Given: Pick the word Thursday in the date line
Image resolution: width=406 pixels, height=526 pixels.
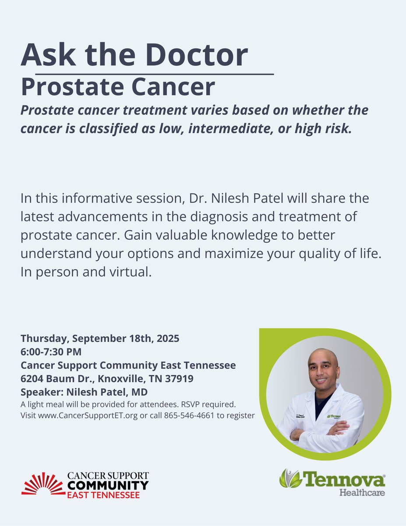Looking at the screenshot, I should coord(45,338).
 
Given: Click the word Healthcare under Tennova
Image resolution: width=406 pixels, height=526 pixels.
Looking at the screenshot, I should coord(362,492).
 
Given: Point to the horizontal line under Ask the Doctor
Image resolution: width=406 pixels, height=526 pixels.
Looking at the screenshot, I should coord(154,75).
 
